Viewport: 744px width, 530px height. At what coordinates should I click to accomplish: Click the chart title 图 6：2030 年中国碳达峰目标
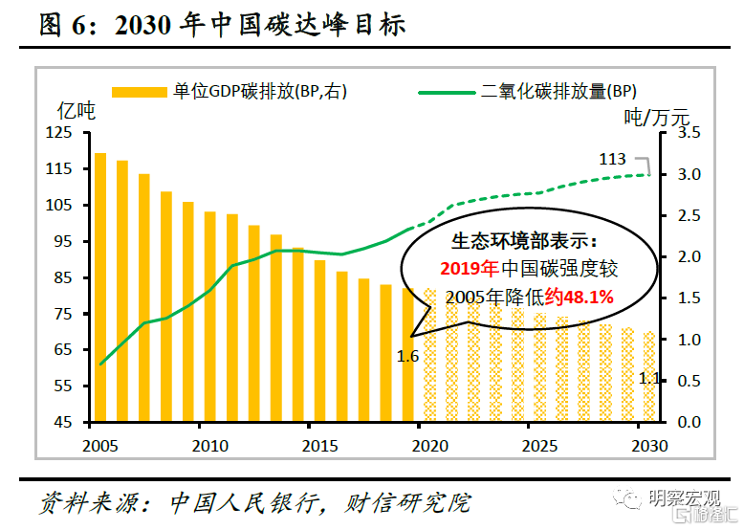222,26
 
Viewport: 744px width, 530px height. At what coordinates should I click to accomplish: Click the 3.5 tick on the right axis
689,133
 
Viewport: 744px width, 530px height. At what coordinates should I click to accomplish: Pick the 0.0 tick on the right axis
689,422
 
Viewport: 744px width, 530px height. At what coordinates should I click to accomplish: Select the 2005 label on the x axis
99,446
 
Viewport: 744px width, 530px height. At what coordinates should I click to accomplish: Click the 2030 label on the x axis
650,446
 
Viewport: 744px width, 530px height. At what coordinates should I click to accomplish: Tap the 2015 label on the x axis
319,446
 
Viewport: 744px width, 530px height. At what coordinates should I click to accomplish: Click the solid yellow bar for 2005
99,287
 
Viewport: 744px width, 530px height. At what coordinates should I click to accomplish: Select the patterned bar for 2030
650,377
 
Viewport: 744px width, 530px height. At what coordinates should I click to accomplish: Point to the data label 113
612,159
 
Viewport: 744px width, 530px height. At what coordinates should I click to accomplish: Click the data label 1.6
408,357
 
